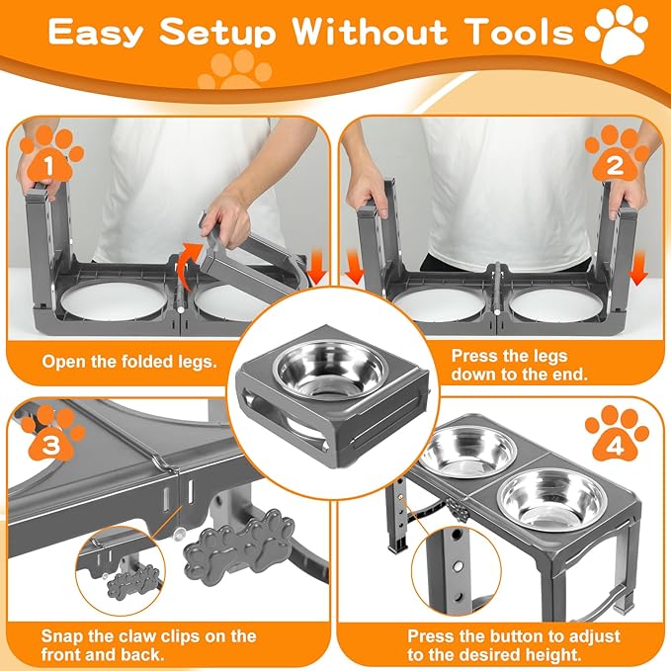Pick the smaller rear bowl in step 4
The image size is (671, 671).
coord(472,451)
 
